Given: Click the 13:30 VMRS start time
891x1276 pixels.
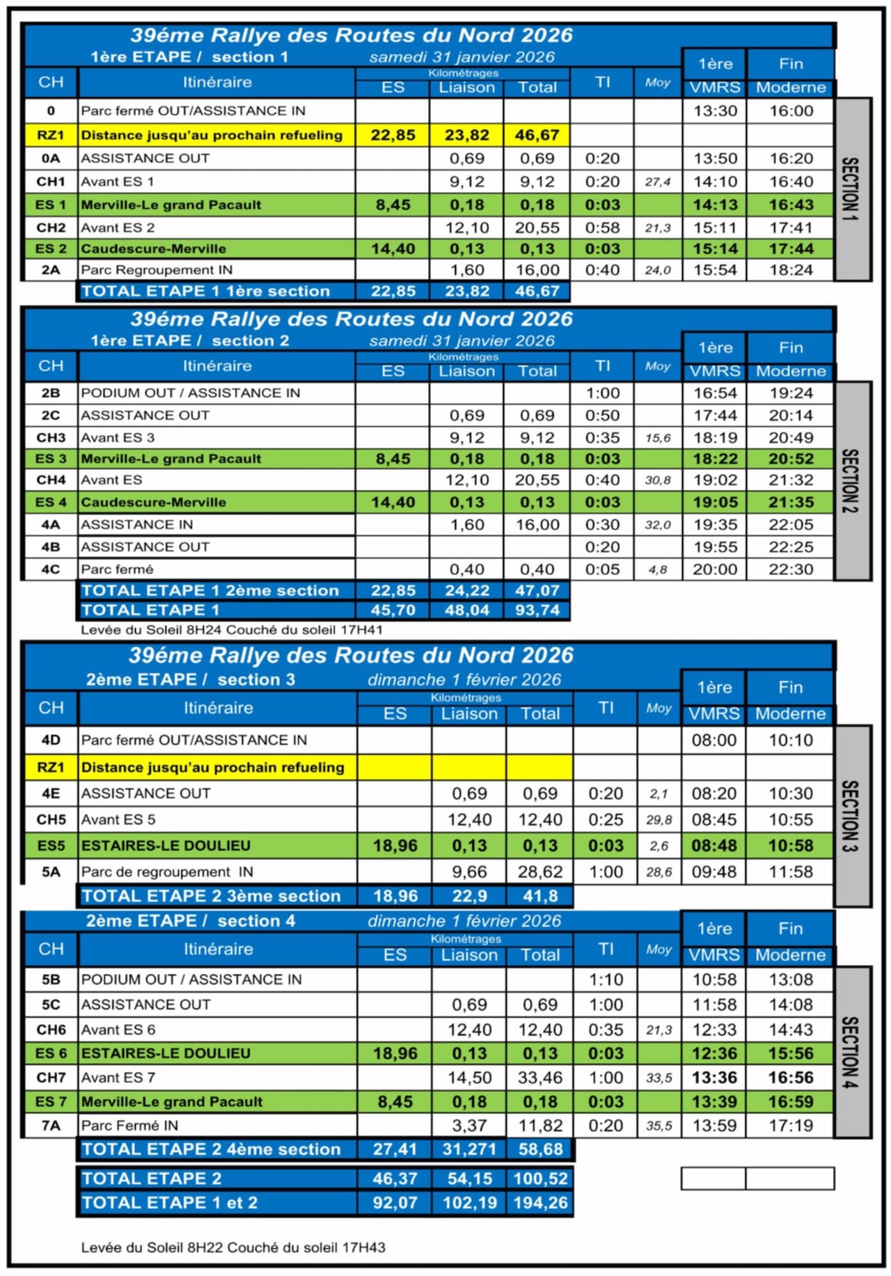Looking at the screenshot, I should pyautogui.click(x=714, y=111).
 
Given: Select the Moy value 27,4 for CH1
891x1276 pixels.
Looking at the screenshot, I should pyautogui.click(x=657, y=182).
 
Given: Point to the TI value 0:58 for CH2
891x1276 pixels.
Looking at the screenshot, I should pyautogui.click(x=602, y=228).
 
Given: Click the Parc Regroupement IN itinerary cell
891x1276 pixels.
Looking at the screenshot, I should pyautogui.click(x=157, y=270).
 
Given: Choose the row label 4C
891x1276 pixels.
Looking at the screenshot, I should pyautogui.click(x=50, y=569).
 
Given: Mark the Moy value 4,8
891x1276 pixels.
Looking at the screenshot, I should pyautogui.click(x=657, y=569).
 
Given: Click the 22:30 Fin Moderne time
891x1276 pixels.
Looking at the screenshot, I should pyautogui.click(x=790, y=569).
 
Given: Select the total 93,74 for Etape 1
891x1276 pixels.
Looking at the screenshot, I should pyautogui.click(x=537, y=611).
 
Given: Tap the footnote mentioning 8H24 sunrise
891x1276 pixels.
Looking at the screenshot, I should pyautogui.click(x=232, y=629).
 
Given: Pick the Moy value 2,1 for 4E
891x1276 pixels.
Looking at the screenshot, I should pyautogui.click(x=658, y=794).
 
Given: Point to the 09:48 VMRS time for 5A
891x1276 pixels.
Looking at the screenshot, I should pyautogui.click(x=713, y=872).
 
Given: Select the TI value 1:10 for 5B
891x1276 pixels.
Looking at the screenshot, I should pyautogui.click(x=606, y=979).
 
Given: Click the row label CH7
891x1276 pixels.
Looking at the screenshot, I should pyautogui.click(x=51, y=1078).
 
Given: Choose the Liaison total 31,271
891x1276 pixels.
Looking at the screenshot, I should pyautogui.click(x=468, y=1149).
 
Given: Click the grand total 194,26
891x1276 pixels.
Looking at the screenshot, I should pyautogui.click(x=540, y=1203).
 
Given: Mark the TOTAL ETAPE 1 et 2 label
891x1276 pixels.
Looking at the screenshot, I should pyautogui.click(x=169, y=1203).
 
